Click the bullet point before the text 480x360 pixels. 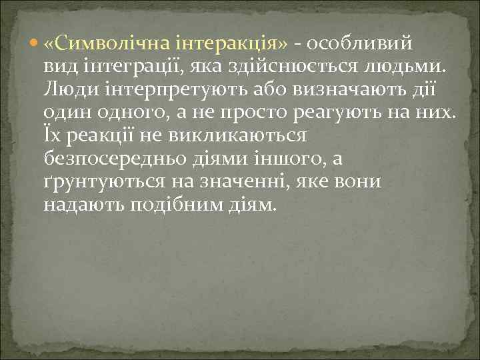coord(36,44)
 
